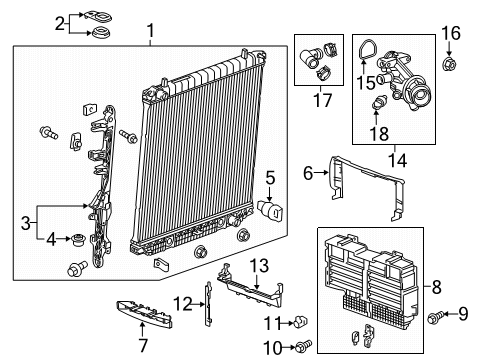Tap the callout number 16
(x=450, y=33)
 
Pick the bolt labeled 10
(x=301, y=346)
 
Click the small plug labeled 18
(x=379, y=104)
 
